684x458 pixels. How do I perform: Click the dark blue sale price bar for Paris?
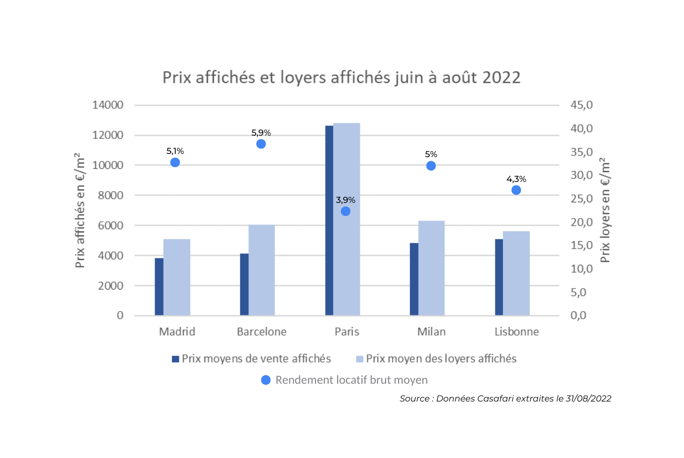tap(329, 221)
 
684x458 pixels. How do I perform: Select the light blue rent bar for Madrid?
tap(177, 277)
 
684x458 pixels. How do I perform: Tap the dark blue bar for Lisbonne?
tap(499, 277)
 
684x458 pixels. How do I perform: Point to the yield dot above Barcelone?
tap(261, 144)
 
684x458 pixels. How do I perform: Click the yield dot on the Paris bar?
tap(346, 211)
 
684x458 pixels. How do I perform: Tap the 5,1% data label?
tap(175, 151)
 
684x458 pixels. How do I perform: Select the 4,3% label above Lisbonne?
tap(516, 179)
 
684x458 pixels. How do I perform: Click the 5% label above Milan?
tap(431, 154)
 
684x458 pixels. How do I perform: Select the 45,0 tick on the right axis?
tap(582, 105)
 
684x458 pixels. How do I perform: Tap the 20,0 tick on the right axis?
tap(582, 222)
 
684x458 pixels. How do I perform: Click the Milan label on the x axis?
tap(431, 332)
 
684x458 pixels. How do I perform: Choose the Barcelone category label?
tap(261, 332)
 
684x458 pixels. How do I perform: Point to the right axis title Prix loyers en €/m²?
tap(605, 210)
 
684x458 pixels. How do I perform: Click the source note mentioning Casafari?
tap(505, 399)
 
